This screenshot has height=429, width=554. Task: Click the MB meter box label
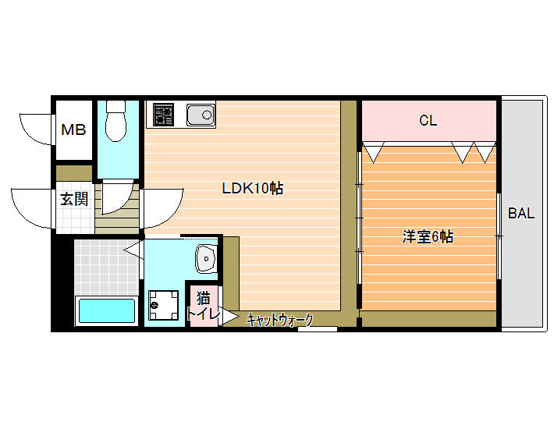point(73,130)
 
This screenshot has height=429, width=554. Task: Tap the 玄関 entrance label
point(74,199)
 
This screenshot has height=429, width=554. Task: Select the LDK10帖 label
point(252,188)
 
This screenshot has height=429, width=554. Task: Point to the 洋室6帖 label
point(428,236)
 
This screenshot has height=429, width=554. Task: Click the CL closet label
point(428,120)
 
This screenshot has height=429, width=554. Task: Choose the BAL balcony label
point(521,213)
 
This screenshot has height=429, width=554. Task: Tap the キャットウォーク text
point(280,320)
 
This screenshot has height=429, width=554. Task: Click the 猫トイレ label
point(203,306)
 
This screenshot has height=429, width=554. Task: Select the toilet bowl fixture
point(116,121)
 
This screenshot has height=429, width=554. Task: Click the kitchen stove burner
point(163,115)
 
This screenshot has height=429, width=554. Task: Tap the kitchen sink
point(201,115)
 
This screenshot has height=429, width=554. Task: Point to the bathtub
point(107,310)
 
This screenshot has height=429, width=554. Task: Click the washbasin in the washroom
point(206,258)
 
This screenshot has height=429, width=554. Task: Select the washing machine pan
point(164,305)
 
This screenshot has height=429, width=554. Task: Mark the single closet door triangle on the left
point(373,152)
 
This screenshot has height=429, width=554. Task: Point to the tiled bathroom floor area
point(105,268)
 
